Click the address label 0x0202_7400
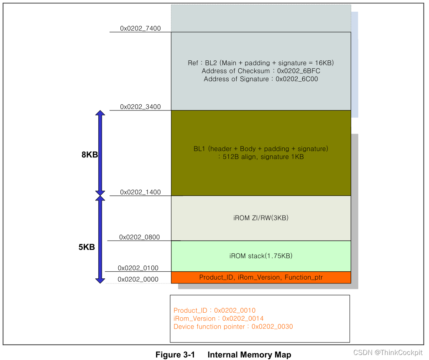[x=140, y=28]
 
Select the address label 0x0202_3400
[x=140, y=107]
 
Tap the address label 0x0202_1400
[x=140, y=192]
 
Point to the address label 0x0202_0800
[x=139, y=237]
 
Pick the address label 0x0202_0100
[x=138, y=268]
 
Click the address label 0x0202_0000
[x=138, y=279]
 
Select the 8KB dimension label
[x=89, y=154]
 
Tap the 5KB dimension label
[x=87, y=247]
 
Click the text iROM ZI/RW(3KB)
[x=261, y=218]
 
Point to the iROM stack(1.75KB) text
[x=261, y=256]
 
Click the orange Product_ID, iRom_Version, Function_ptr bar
[x=261, y=277]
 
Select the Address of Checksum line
[x=261, y=71]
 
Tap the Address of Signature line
[x=261, y=79]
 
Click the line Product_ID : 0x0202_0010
[x=214, y=310]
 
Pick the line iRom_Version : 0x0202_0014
[x=218, y=319]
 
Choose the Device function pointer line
[x=233, y=327]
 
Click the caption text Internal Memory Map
[x=249, y=355]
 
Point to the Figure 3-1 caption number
[x=175, y=355]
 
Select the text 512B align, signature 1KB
[x=261, y=157]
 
